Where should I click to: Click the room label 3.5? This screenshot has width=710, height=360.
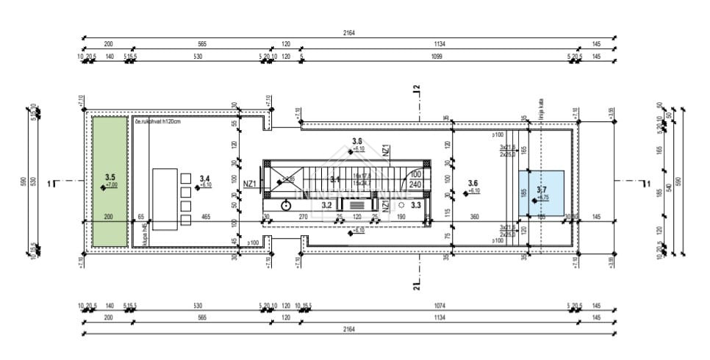click(x=111, y=177)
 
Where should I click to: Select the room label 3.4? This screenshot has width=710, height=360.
click(x=205, y=179)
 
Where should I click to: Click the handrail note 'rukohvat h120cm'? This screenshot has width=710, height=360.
click(x=158, y=121)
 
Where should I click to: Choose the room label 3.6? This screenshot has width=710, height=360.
click(x=473, y=183)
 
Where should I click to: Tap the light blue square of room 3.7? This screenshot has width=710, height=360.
click(x=541, y=192)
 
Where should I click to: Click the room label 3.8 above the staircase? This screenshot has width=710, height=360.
click(x=357, y=140)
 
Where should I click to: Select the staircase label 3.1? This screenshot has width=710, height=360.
click(x=335, y=179)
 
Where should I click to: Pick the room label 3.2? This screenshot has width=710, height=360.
click(x=327, y=206)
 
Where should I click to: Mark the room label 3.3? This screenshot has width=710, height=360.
click(x=416, y=205)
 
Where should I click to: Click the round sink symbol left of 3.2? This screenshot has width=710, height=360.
click(x=285, y=206)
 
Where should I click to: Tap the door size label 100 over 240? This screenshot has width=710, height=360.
click(x=415, y=180)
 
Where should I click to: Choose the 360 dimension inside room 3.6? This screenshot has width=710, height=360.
click(x=476, y=217)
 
